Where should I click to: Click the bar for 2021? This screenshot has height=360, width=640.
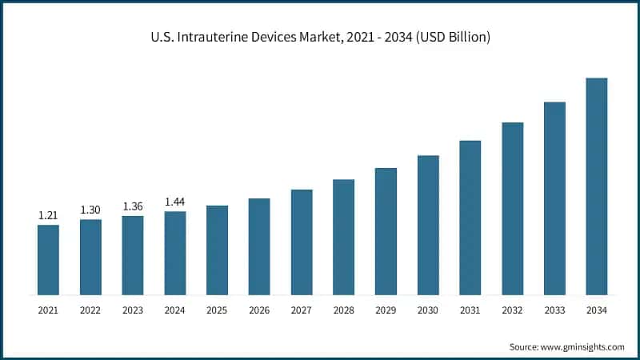tap(48, 260)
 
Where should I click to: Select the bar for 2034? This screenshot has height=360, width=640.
tap(596, 186)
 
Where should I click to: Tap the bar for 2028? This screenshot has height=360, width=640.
tap(343, 237)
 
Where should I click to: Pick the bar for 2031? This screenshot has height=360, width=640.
tap(470, 218)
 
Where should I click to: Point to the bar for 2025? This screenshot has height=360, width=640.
tap(217, 250)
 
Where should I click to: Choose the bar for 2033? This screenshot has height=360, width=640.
tap(554, 198)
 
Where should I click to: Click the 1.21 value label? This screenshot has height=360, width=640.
tap(48, 215)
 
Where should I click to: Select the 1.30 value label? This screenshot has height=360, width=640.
tap(90, 210)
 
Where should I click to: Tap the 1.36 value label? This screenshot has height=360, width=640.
tap(133, 206)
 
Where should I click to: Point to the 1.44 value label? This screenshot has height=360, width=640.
tap(174, 202)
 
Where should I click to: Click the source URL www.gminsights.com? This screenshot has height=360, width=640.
tap(582, 346)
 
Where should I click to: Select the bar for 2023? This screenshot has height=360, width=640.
tap(133, 255)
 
